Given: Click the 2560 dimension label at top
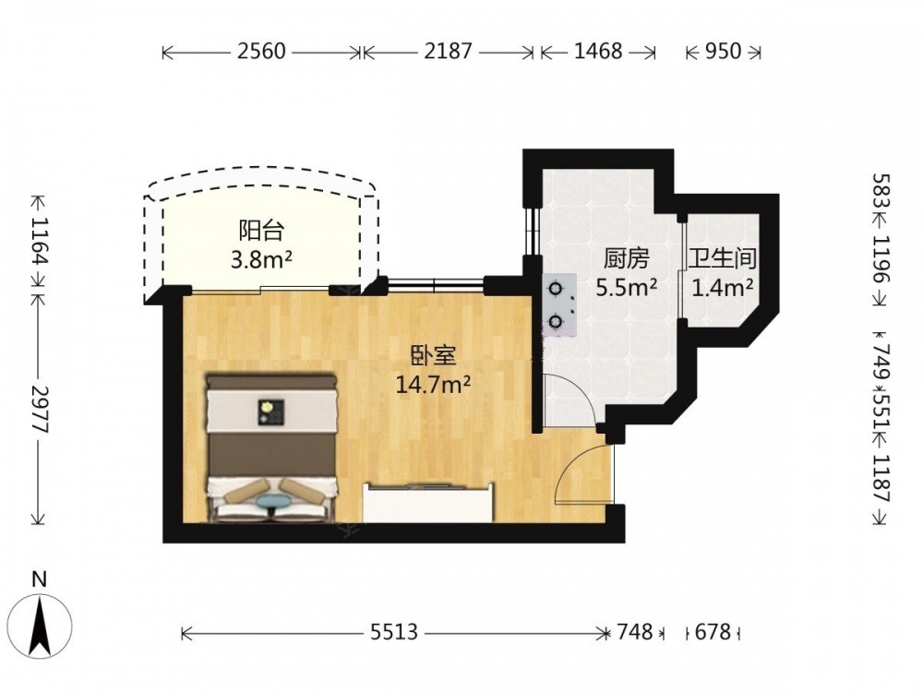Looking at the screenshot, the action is coord(261,52).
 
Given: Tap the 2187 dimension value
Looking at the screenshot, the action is coord(448,52).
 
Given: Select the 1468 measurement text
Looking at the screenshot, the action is coord(598,52).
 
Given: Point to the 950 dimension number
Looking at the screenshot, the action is coord(724,52).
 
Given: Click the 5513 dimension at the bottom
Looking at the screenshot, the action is coord(394,632).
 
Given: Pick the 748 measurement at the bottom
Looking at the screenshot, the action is coord(635,632).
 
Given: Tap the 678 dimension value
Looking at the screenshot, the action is coord(713,632).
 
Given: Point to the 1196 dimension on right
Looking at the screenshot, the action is coord(881,259).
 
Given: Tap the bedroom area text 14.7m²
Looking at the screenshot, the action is coord(433,385).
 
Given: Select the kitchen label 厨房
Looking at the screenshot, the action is coord(627,259).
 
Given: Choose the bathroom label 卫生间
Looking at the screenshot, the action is coord(723,259).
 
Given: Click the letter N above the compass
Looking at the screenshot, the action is coord(40,579).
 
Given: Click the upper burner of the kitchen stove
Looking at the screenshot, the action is coord(555,289).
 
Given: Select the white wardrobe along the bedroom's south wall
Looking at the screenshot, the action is coord(428,503).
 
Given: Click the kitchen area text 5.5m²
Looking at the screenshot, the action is coord(627,288).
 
